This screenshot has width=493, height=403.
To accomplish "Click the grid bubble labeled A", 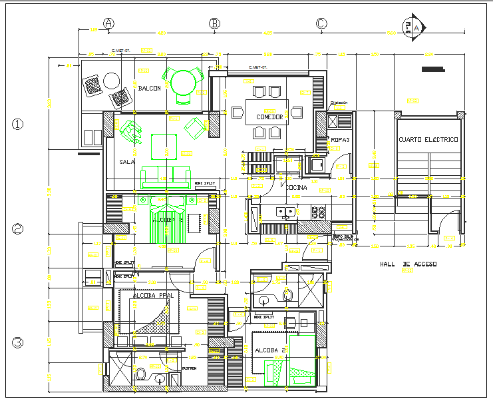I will tap(109, 23).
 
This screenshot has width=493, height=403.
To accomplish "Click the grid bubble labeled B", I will tap(215, 23).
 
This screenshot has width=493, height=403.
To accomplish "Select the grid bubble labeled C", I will tap(321, 23).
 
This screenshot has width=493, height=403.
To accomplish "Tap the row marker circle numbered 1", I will tap(18, 124).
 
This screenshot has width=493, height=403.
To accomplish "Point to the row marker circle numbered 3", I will tap(18, 343).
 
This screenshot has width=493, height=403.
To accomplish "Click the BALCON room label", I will tap(149, 89).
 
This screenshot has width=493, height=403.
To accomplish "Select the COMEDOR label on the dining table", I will tap(269, 117).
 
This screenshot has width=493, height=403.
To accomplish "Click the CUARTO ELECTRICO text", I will tap(428, 140).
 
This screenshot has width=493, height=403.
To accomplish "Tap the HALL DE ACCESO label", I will tap(408, 264).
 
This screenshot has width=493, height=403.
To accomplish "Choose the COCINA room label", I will tap(296, 188).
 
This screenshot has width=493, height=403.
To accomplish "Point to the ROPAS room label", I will tap(340, 140).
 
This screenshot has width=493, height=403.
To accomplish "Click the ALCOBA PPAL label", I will tap(154, 295).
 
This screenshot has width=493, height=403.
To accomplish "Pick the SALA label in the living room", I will tap(127, 161).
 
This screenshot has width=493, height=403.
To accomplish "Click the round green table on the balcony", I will tap(184, 83).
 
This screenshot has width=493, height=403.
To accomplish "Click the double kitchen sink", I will tap(287, 212).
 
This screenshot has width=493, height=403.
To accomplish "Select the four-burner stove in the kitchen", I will tap(318, 212).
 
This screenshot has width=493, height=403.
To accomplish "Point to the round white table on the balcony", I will tap(111, 81).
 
